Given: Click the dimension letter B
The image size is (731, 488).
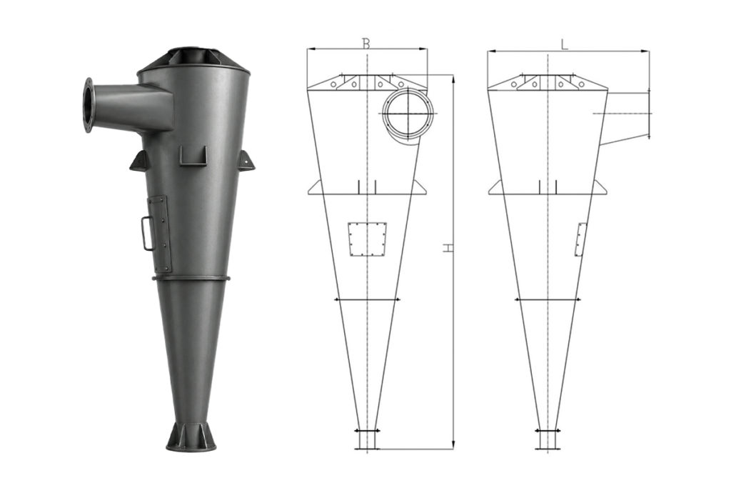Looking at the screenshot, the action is [366, 44].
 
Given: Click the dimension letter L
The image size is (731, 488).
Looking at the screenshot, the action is [565, 44].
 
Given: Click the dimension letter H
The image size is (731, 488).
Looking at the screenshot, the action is [448, 247].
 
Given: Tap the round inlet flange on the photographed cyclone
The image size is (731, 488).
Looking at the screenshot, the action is [88, 105].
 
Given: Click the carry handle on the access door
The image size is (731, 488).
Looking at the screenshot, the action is [147, 233].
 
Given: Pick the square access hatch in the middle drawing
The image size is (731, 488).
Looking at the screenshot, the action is [368, 239].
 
